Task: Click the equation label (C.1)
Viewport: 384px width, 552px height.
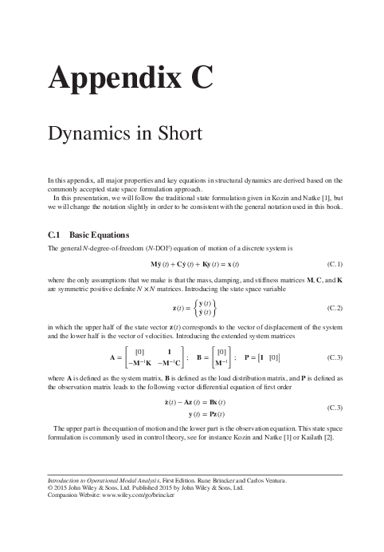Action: coord(334,263)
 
